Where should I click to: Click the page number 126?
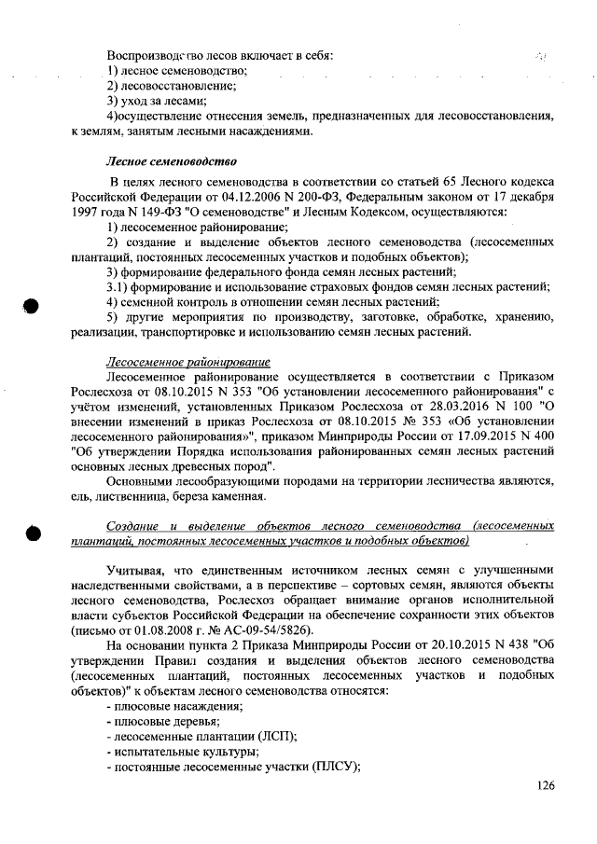(546, 786)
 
